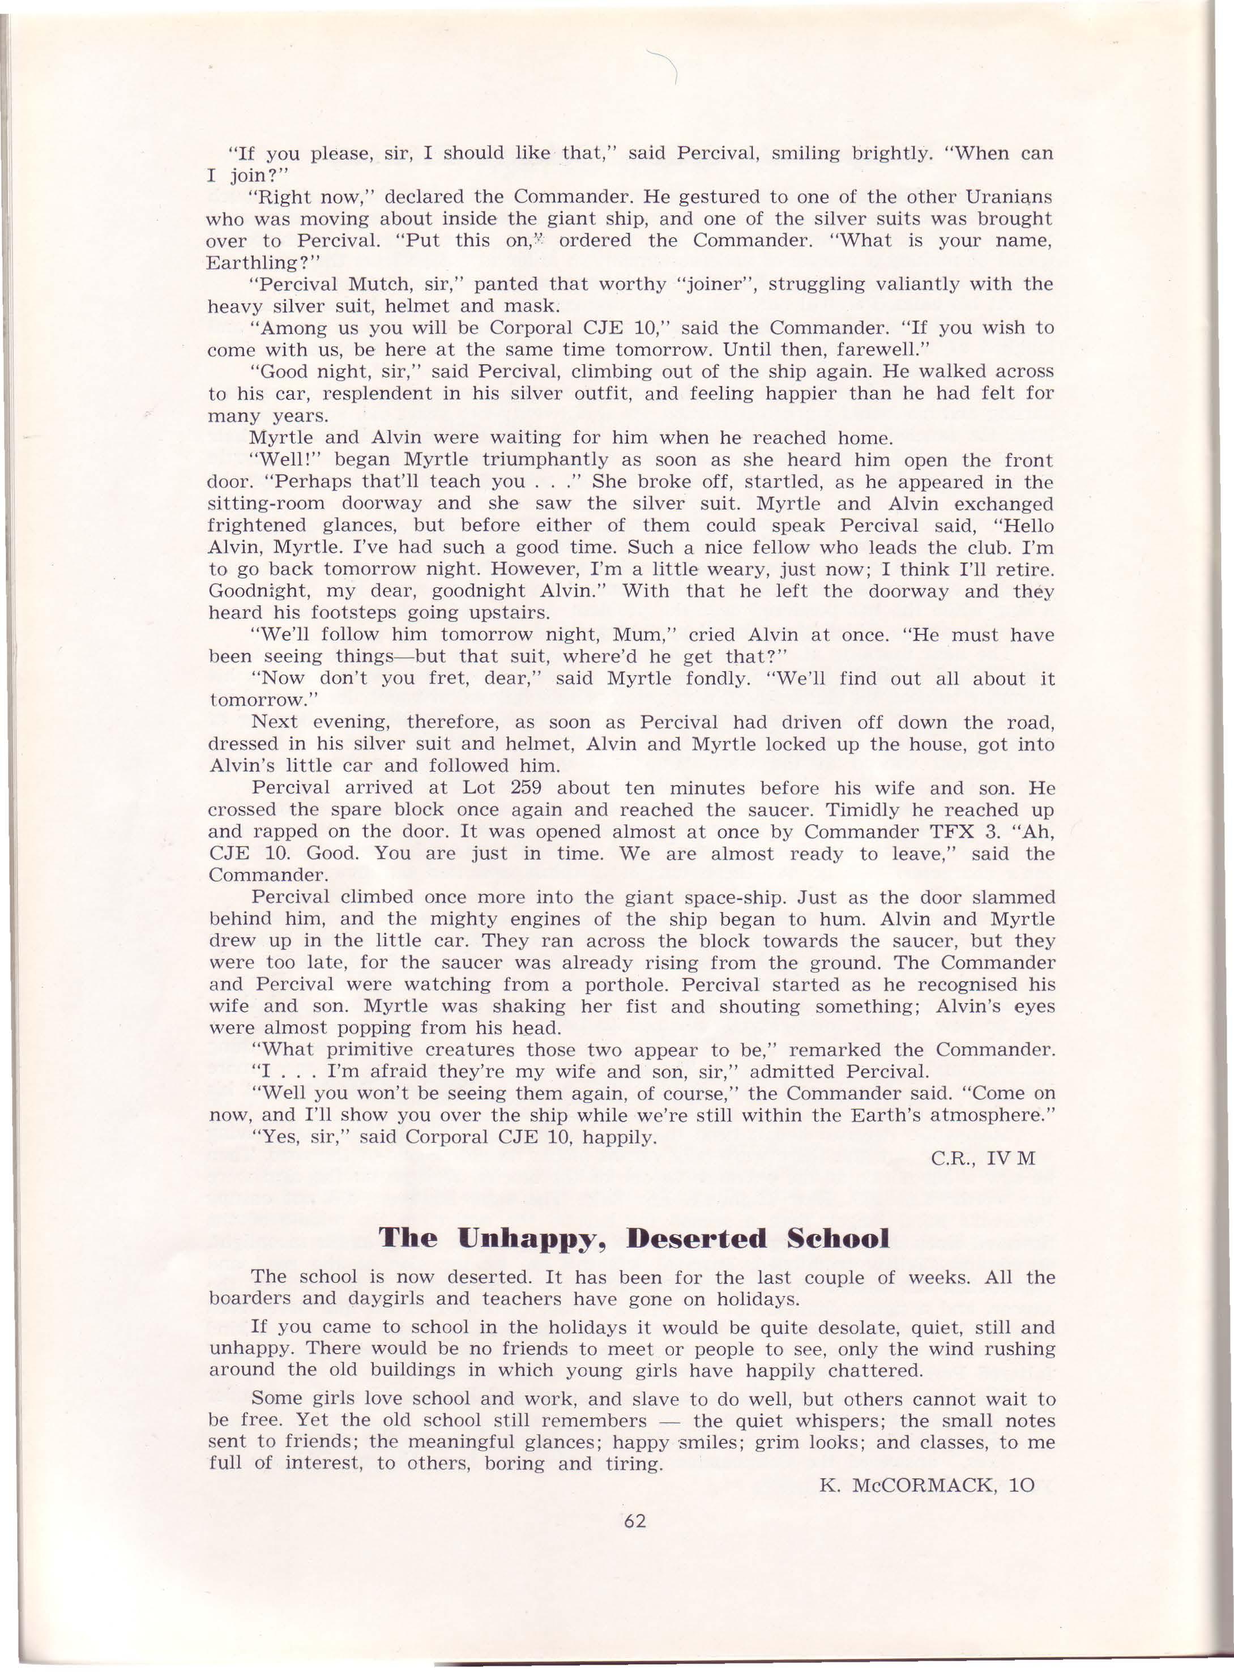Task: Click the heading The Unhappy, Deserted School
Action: click(x=634, y=1239)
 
